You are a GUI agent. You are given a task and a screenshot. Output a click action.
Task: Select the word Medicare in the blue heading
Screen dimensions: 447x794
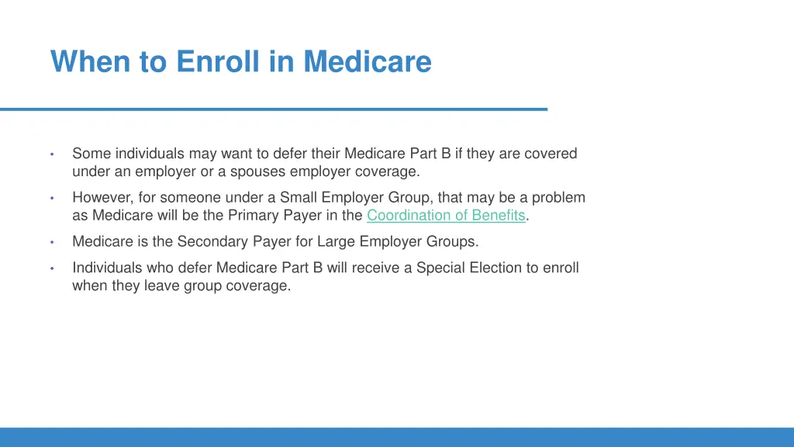[367, 61]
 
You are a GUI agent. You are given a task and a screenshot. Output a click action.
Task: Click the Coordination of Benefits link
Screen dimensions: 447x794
[446, 216]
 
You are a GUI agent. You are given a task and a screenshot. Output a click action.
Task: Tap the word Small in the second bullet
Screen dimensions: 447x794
[299, 198]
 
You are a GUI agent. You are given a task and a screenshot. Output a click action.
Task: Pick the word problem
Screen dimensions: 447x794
[558, 198]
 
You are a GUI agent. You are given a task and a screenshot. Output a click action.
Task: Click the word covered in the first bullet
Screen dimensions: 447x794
[551, 154]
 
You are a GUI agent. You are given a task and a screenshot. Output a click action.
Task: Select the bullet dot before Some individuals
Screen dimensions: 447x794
[51, 154]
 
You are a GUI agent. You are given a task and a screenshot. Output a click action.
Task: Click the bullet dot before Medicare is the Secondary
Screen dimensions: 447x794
[51, 242]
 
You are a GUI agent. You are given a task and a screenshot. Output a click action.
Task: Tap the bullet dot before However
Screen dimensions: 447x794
[51, 198]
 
